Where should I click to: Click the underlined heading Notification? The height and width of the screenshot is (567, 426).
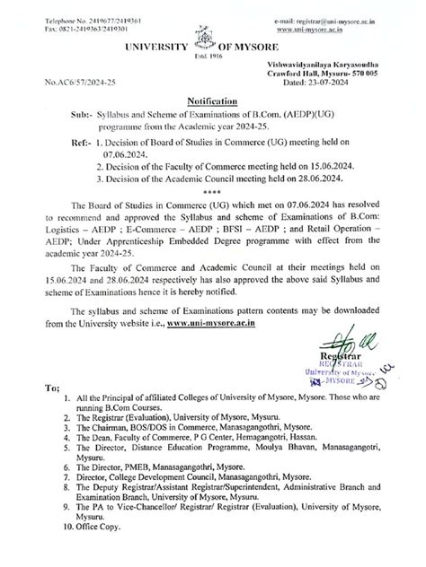[x=212, y=102]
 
